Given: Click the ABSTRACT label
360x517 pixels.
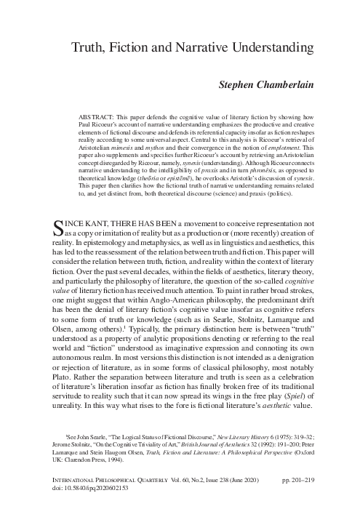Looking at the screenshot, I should tap(98, 116).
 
